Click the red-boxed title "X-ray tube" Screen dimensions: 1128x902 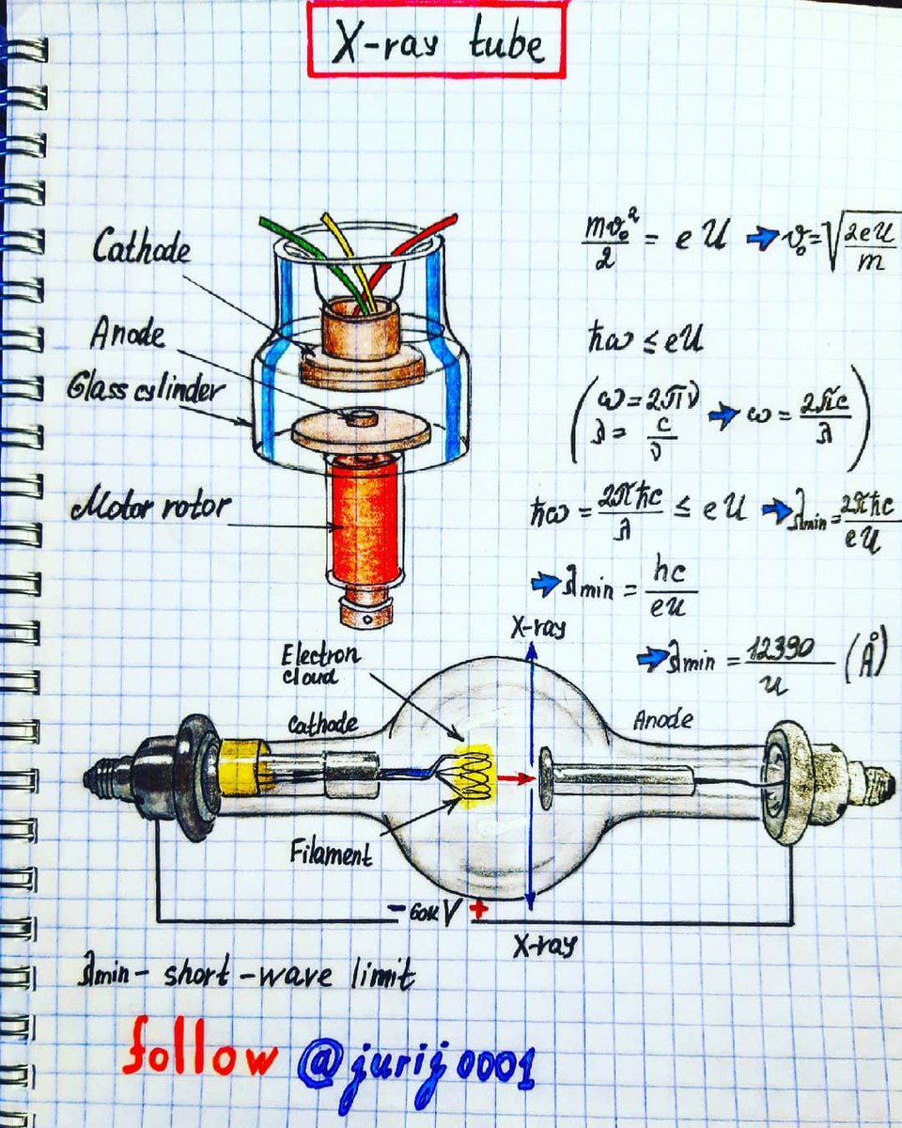[x=437, y=42]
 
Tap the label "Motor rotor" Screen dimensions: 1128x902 [x=148, y=509]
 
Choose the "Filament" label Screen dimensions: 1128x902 [x=331, y=854]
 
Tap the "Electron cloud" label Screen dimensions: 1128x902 [x=319, y=664]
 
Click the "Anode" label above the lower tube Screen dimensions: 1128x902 [x=662, y=720]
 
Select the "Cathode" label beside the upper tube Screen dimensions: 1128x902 [x=141, y=249]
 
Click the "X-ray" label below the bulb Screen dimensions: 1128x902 [x=545, y=946]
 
